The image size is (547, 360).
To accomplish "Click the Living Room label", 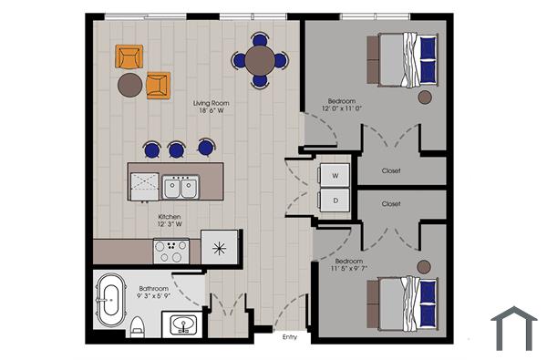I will (x=211, y=103).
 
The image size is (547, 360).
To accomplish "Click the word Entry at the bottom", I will (x=290, y=337).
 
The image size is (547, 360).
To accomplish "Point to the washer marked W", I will (x=335, y=174).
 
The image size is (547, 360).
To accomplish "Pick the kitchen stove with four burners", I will (x=171, y=250).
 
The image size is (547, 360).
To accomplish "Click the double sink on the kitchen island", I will (x=180, y=188).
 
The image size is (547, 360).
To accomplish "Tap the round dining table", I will (x=260, y=60).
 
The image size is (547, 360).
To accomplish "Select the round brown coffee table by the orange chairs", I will (x=129, y=85).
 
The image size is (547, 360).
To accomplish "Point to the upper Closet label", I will (x=391, y=170).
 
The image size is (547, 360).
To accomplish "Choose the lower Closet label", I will (x=391, y=204).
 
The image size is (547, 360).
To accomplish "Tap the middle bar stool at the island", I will (x=177, y=149).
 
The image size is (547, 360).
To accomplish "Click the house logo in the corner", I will (x=514, y=329).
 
